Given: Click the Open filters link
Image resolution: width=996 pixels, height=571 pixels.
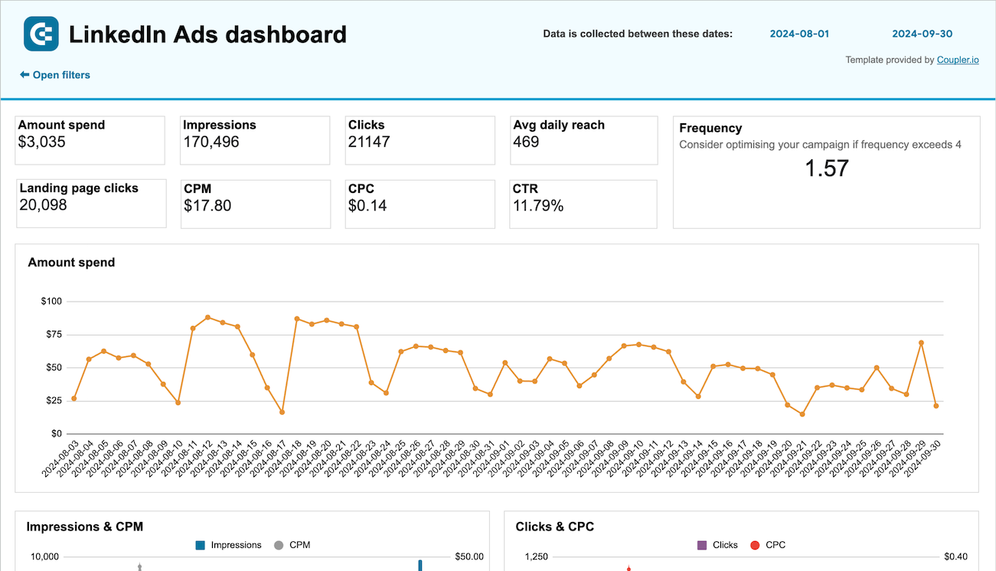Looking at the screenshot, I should coord(55,75).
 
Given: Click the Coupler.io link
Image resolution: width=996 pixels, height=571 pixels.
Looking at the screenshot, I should coord(958,60).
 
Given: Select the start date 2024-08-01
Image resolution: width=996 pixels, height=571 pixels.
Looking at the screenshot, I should coord(799,34).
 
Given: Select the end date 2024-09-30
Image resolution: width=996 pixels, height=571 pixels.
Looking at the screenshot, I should coord(922,34).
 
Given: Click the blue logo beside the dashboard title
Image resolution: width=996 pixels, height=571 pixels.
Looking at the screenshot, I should coord(41,34).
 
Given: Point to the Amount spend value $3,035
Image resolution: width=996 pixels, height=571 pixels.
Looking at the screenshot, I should coord(42,142).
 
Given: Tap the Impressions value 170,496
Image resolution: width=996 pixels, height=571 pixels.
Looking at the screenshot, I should coord(211,142).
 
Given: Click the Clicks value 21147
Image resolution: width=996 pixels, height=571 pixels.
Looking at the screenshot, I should coord(369,142).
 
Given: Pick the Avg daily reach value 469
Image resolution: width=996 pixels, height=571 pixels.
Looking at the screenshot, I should coord(526,142).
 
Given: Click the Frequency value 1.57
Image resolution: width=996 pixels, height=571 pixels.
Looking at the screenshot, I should coord(827,168).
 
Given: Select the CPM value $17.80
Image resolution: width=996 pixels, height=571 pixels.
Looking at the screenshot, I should coord(207,205).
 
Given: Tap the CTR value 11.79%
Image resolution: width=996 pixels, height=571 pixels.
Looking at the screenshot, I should coord(538,205).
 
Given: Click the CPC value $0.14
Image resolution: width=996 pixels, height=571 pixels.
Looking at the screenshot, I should coord(367,205).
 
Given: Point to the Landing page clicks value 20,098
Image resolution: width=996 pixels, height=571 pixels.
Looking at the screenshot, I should coord(43,204).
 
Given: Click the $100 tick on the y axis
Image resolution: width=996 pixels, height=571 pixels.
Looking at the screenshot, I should coord(51,302).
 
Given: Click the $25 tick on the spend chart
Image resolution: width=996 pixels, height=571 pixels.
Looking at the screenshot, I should coord(54,400).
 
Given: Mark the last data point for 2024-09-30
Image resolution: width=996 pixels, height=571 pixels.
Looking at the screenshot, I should coord(936,406).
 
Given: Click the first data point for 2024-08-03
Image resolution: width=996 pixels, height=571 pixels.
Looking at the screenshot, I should coord(74,399).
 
